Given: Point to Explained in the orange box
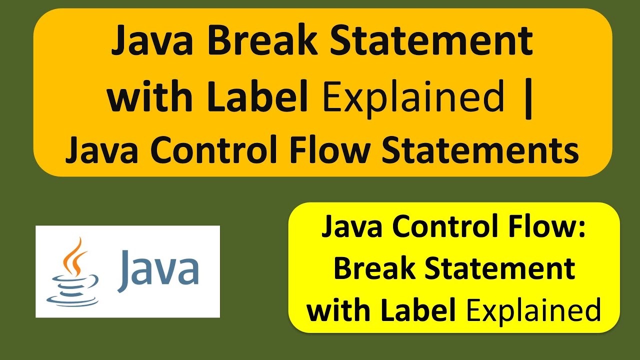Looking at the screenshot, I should [413, 97].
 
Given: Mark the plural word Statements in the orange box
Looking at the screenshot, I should [480, 149].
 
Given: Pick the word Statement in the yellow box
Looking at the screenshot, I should [500, 269].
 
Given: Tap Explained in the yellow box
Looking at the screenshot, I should [533, 311].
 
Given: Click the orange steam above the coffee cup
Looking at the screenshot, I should [72, 257].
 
